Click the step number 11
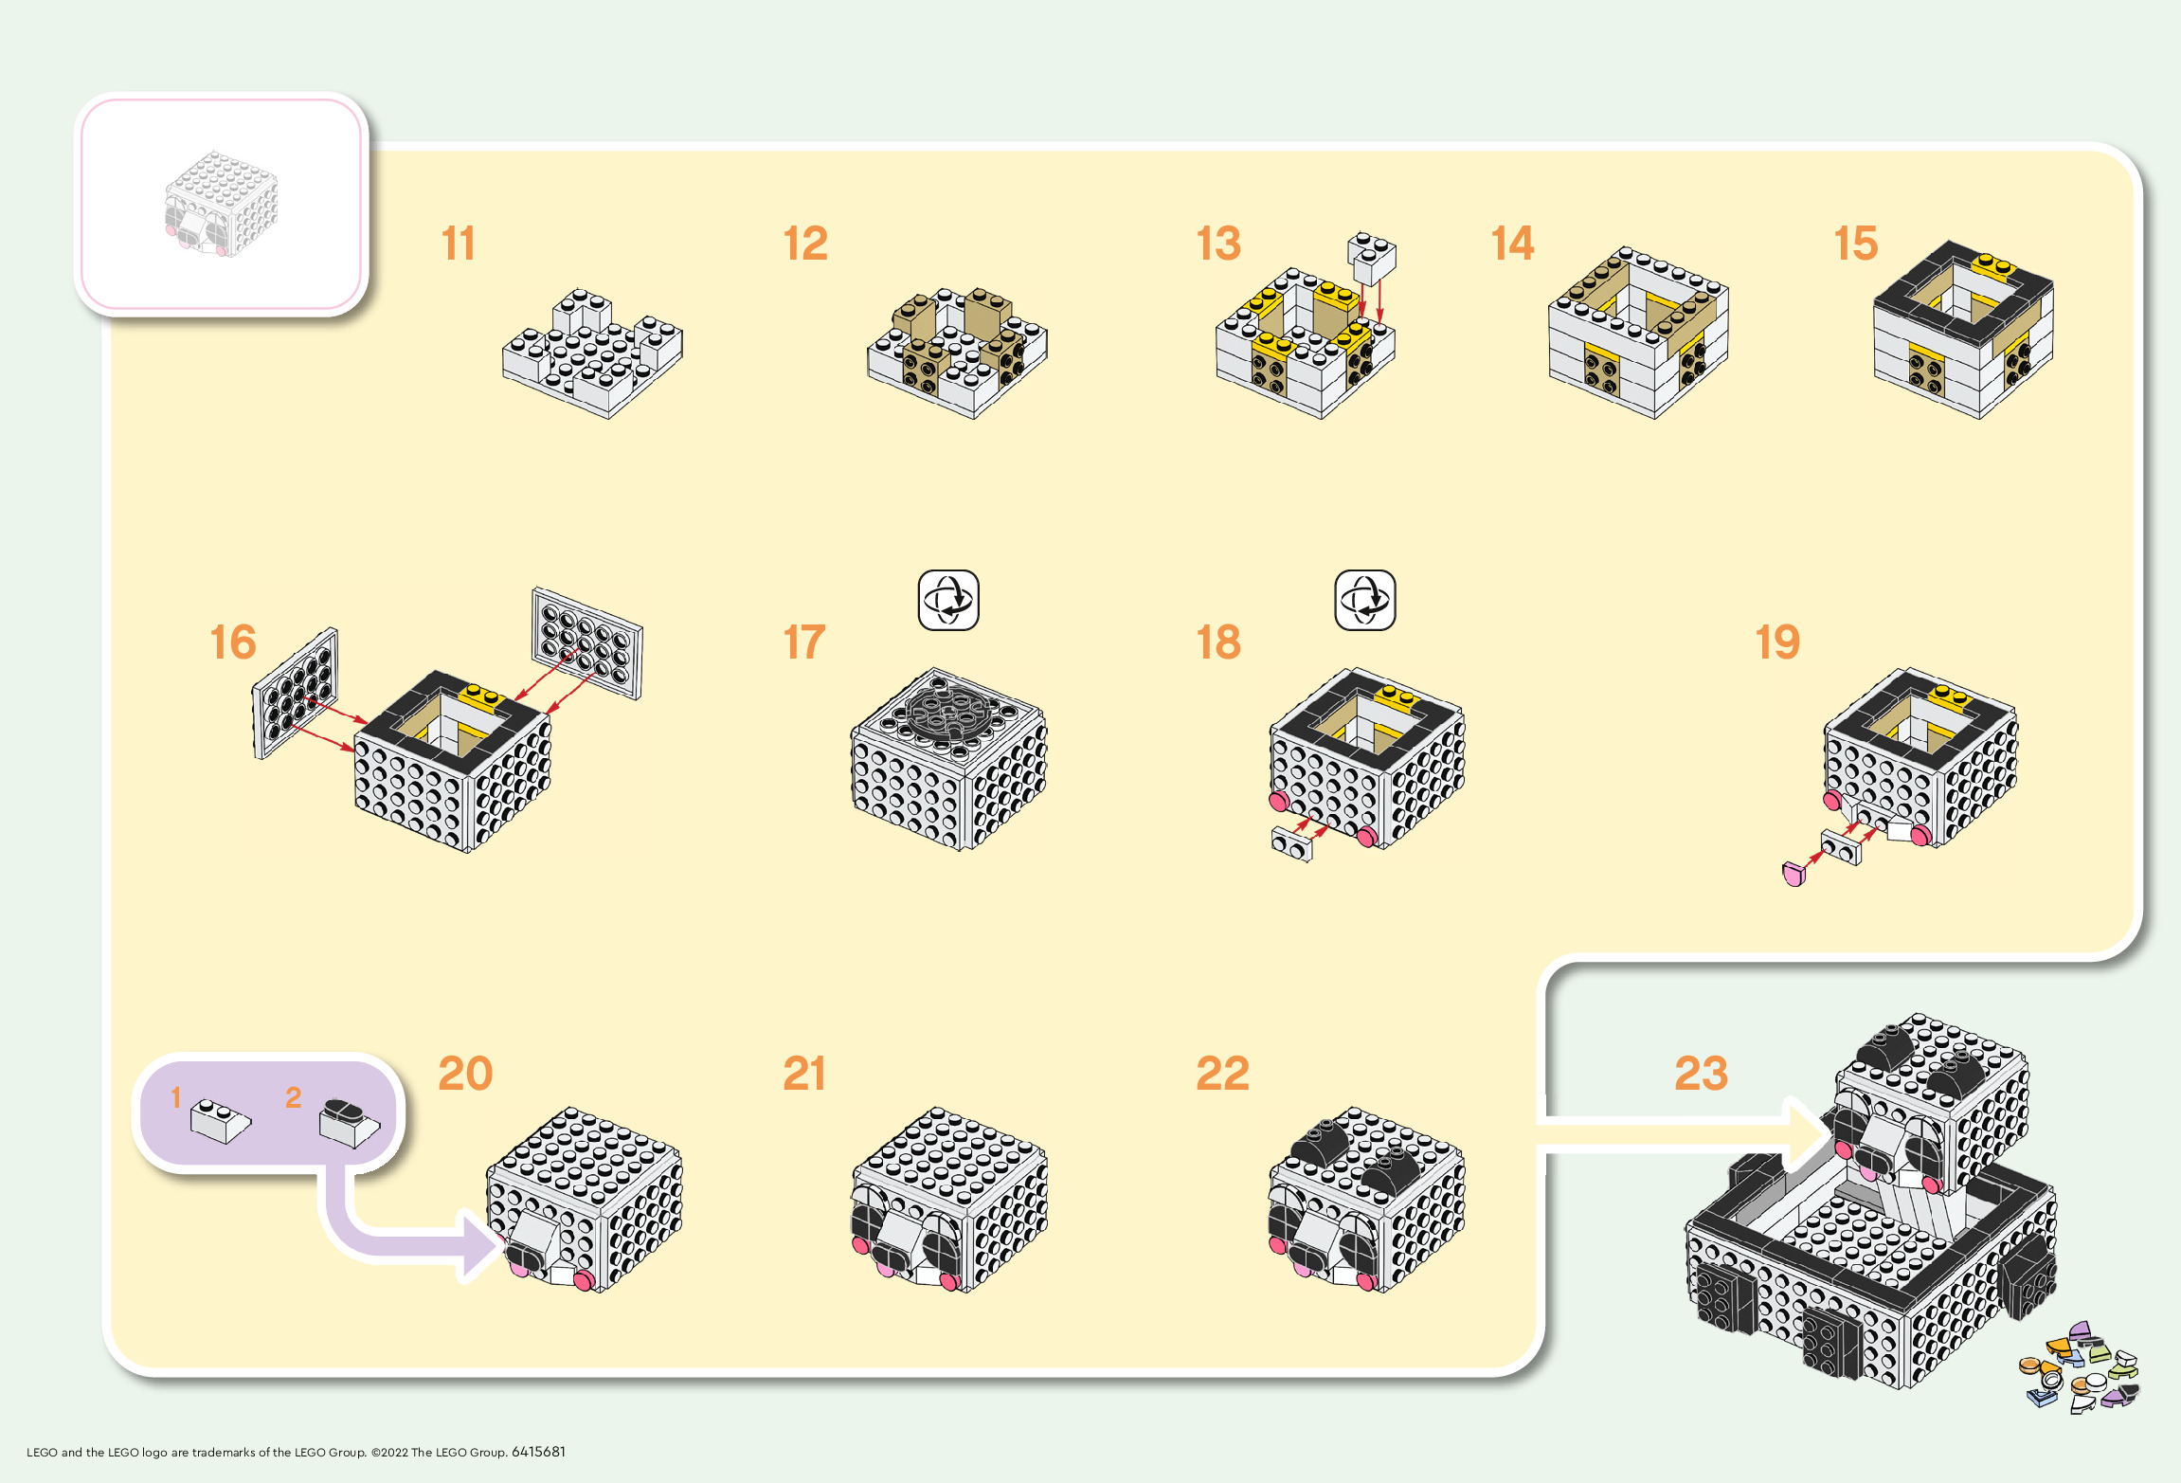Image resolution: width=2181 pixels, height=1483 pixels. (459, 244)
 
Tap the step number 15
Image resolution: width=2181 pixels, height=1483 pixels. (1855, 244)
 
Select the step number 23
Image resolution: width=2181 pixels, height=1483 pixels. (1701, 1074)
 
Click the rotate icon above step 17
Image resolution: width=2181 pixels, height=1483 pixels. (948, 600)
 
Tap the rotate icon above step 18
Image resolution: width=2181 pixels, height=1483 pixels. (1364, 600)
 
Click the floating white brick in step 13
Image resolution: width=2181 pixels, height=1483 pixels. (1372, 258)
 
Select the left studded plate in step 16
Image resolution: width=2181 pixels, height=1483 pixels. (296, 693)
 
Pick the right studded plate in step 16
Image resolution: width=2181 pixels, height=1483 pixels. (587, 642)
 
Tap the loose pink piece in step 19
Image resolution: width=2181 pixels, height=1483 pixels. (1793, 874)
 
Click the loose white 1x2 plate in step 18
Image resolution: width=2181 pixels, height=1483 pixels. (1292, 843)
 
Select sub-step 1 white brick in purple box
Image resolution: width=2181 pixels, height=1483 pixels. (221, 1120)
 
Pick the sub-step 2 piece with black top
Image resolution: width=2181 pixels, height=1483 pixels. (349, 1122)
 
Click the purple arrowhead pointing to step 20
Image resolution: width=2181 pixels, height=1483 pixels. (481, 1242)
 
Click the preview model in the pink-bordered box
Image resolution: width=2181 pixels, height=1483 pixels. (222, 203)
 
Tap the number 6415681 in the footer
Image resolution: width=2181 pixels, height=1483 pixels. (538, 1452)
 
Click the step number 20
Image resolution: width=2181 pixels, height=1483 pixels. (465, 1074)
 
